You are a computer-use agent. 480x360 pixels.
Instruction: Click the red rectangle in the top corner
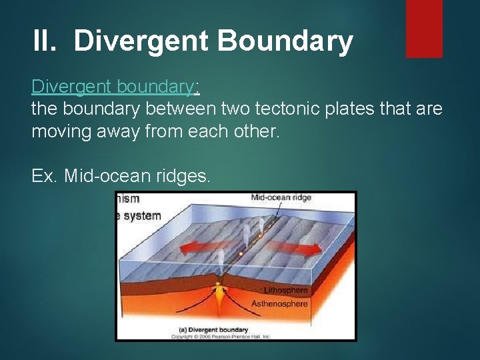[424, 28]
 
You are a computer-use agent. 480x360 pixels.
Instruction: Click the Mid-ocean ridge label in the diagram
[281, 198]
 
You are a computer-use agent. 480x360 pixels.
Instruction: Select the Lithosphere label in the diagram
[285, 291]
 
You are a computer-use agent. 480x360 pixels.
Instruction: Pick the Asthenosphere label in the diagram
[279, 304]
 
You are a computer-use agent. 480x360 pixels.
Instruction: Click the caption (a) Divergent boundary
[209, 329]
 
